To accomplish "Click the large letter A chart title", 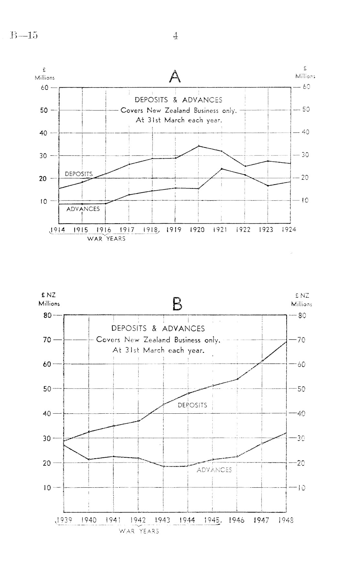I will (175, 77).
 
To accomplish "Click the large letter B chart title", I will (177, 304).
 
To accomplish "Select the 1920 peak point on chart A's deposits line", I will (198, 146).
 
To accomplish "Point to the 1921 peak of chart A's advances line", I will (222, 169).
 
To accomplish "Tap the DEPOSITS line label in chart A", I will (79, 174).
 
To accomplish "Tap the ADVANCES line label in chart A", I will (83, 209).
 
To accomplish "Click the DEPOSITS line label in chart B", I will (192, 405).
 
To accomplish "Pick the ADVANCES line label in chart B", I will (214, 470).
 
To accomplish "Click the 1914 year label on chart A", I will (58, 230).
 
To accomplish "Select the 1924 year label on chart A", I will (289, 230).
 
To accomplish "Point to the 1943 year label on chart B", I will (163, 520).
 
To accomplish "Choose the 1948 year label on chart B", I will (286, 520).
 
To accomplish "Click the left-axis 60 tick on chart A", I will (44, 88).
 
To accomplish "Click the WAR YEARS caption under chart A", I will (106, 239).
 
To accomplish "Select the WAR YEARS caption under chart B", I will (139, 531).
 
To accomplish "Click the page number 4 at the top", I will (175, 36).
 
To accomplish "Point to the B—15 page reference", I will (24, 35).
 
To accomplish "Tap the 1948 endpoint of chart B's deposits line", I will (286, 342).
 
